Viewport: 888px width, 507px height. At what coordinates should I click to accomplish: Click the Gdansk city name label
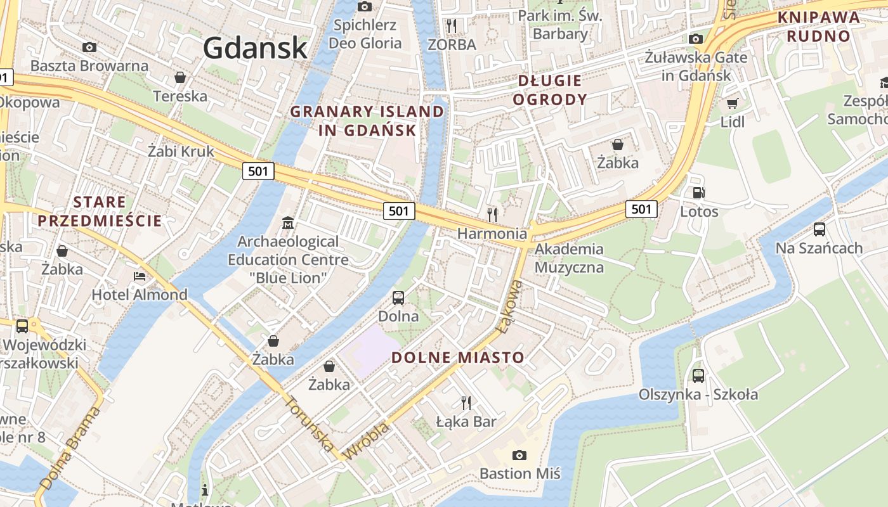256,48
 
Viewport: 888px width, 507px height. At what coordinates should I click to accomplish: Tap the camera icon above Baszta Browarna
89,47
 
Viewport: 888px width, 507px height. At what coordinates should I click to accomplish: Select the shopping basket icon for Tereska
180,77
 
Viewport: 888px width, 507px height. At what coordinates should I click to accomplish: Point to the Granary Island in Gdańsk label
367,121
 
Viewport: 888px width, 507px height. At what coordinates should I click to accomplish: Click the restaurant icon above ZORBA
452,25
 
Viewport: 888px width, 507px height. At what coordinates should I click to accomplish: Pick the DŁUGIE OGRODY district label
549,90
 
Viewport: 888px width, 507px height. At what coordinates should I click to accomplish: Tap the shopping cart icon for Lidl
733,103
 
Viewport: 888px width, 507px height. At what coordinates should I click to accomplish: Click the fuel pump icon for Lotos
698,193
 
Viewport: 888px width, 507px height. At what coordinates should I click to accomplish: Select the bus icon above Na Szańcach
819,229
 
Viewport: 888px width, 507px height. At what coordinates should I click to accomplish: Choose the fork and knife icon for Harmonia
492,214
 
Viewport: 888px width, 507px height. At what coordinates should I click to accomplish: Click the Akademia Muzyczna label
569,258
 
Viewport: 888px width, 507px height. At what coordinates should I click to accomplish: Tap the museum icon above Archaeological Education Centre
288,222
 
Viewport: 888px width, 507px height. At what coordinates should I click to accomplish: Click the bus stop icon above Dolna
398,297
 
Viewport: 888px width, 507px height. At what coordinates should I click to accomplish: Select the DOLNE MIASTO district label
458,357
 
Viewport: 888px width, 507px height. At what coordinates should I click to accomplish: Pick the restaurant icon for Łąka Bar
466,402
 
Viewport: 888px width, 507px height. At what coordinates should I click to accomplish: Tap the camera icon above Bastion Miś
519,455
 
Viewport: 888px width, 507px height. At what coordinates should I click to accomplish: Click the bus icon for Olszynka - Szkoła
698,375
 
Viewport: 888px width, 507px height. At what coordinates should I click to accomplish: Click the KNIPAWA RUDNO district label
818,27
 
